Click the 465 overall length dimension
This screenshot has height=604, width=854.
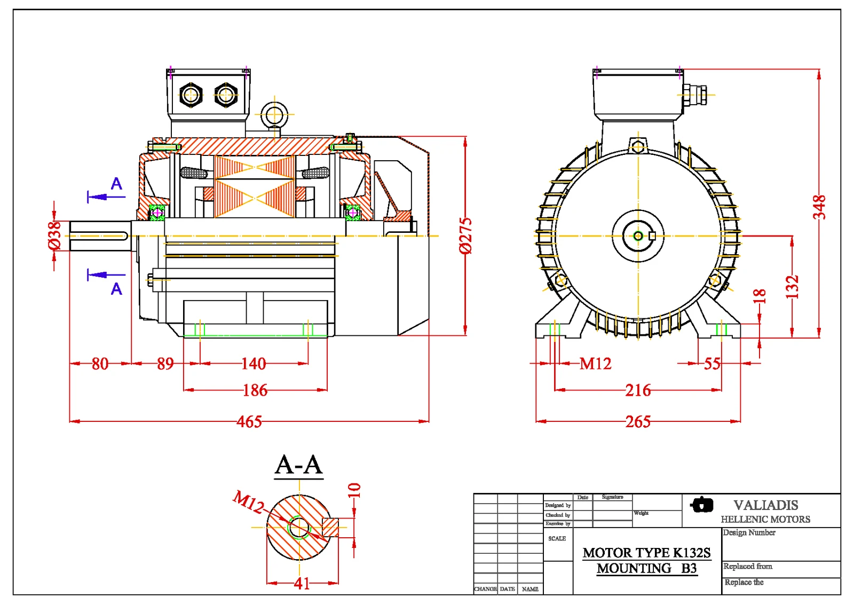(x=249, y=422)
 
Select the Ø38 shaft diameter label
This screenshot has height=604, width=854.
(x=54, y=236)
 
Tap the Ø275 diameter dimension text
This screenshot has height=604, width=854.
(x=465, y=236)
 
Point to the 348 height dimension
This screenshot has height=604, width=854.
(x=819, y=207)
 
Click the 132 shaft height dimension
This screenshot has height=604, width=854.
(x=792, y=287)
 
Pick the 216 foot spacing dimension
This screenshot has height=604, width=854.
(x=638, y=390)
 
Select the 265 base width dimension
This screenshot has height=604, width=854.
(x=638, y=422)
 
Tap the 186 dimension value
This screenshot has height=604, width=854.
(x=255, y=390)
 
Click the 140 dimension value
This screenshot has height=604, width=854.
(x=253, y=364)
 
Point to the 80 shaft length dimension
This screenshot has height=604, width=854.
(x=100, y=364)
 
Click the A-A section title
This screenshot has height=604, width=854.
(x=299, y=465)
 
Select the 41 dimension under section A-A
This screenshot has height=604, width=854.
(x=302, y=583)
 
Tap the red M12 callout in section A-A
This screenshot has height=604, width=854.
(x=249, y=501)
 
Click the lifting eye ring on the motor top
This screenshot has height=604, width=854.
(x=274, y=114)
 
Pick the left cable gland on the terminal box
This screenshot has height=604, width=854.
(x=191, y=96)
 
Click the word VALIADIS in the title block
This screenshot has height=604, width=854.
(x=765, y=505)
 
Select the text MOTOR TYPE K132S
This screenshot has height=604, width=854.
(x=646, y=553)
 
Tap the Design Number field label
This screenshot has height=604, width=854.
(x=749, y=532)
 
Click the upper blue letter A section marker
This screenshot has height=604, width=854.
(x=116, y=184)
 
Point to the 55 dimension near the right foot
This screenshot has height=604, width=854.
(x=712, y=364)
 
